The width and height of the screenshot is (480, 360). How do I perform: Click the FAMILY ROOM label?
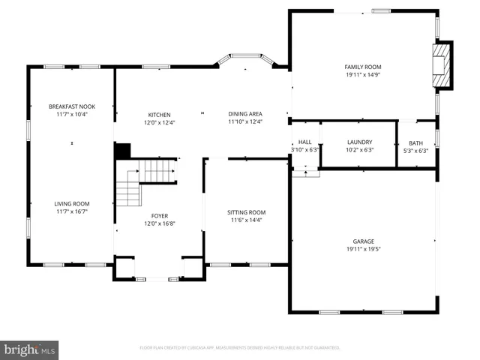363,67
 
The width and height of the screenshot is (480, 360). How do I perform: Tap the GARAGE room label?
363,241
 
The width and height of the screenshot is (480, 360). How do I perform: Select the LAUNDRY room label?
359,142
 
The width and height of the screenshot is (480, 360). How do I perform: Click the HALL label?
304,142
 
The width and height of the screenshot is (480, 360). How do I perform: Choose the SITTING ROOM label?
247,212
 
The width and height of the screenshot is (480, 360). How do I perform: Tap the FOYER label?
158,215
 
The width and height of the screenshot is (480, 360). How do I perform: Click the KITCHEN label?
159,114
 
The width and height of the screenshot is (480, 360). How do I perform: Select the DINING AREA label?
245,114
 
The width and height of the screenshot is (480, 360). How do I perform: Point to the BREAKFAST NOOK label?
71,106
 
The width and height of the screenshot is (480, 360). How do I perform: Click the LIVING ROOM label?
71,203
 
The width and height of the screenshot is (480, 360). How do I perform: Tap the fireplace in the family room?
442,66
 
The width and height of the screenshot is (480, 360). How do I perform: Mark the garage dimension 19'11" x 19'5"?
363,249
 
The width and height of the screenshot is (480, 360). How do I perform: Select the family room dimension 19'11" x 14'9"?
363,75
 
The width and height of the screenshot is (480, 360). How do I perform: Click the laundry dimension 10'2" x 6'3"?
359,150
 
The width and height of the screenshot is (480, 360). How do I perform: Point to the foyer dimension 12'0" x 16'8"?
158,223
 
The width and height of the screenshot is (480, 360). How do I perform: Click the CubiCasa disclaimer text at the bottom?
240,348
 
